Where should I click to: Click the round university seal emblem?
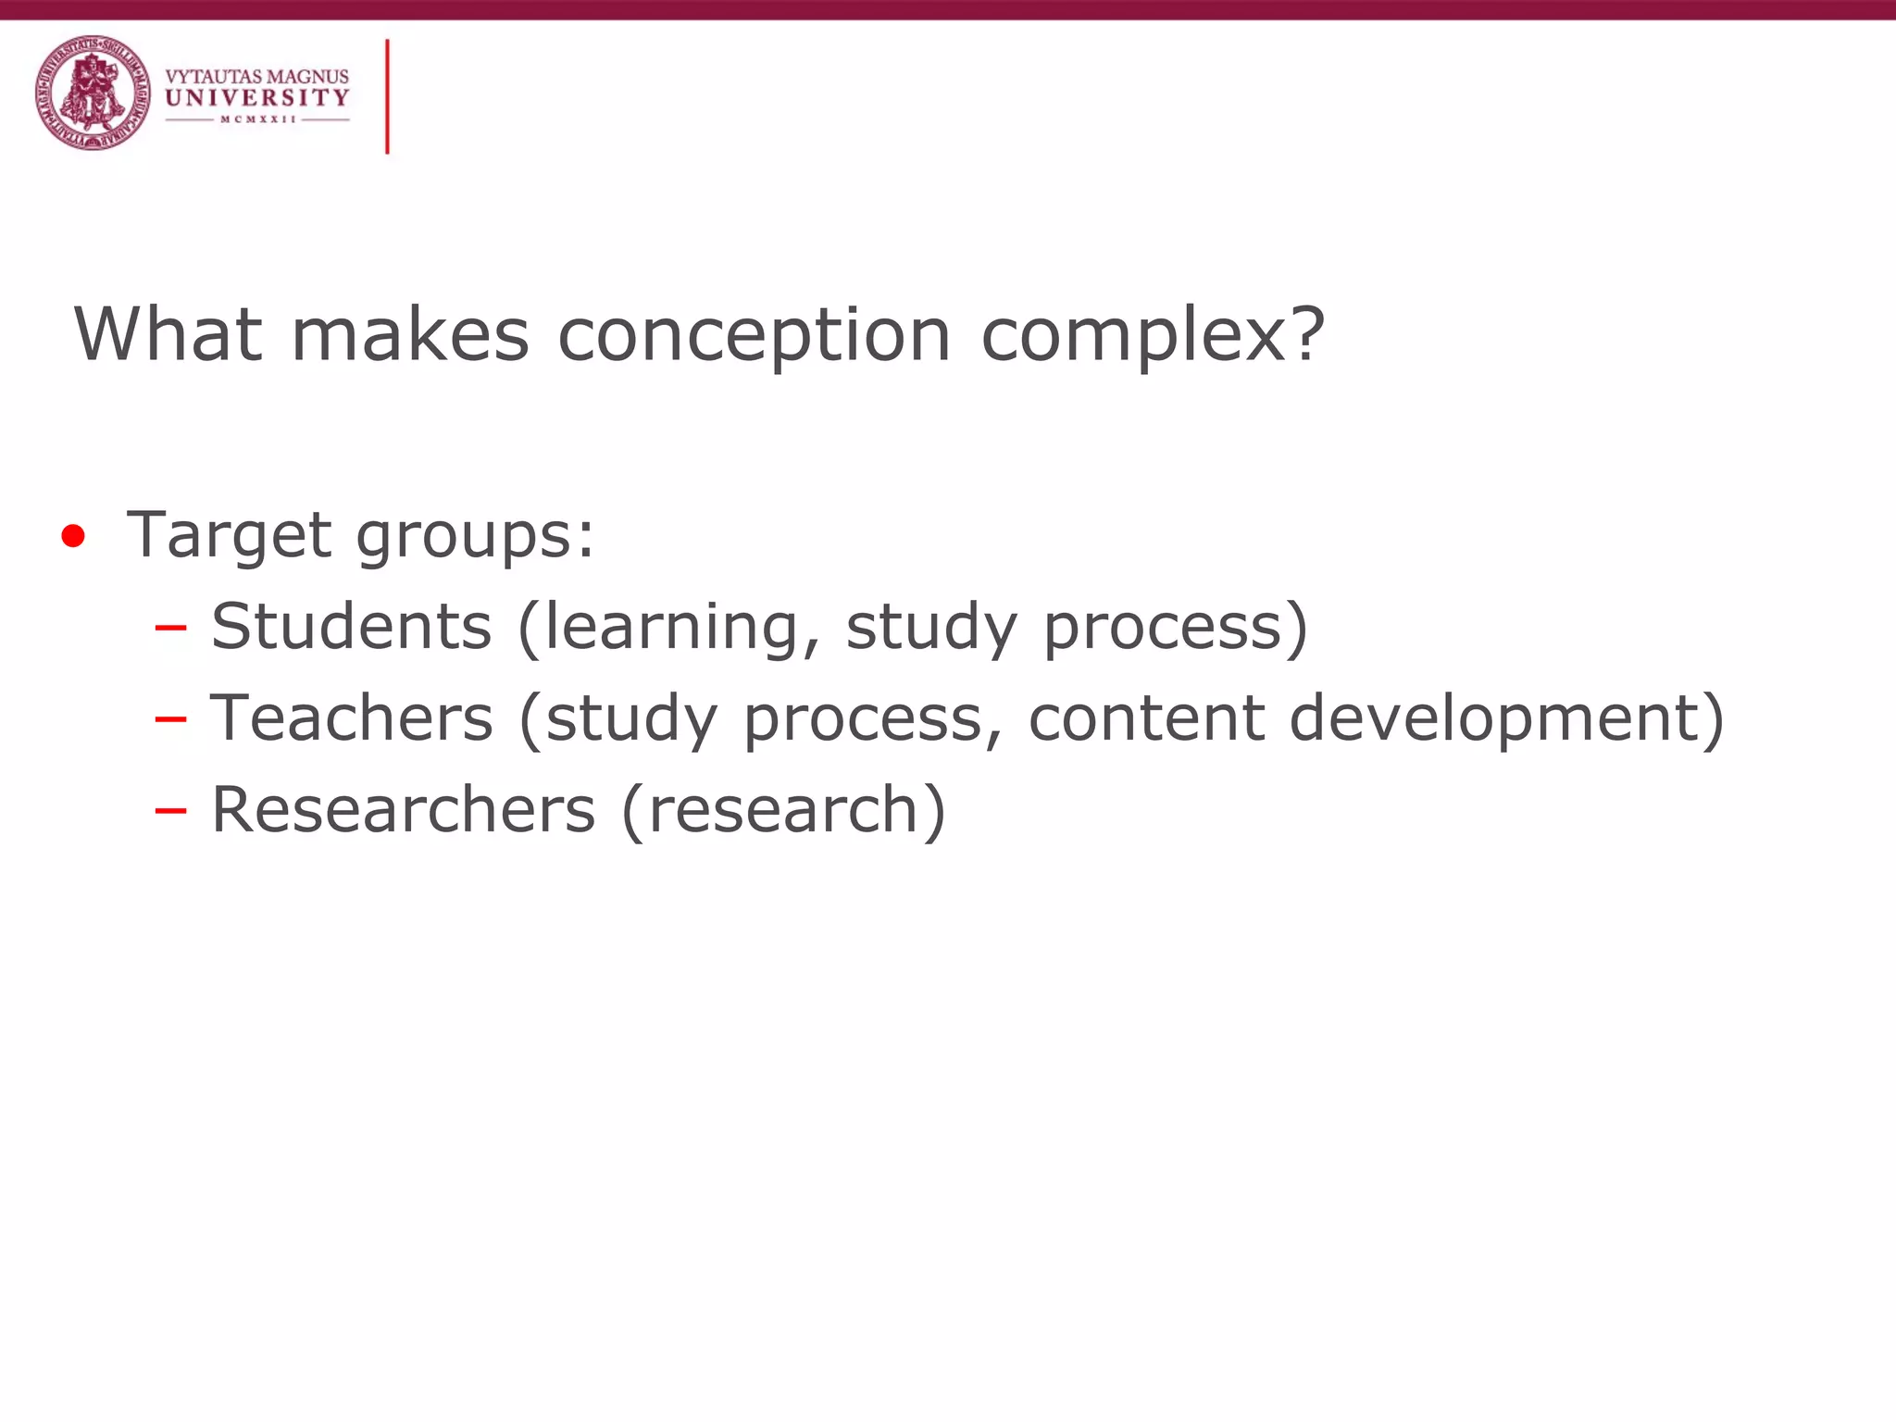[x=93, y=93]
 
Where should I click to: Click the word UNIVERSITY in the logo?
[x=257, y=98]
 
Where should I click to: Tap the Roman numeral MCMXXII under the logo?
[x=257, y=119]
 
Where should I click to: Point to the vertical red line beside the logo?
[x=387, y=96]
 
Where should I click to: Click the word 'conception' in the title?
[x=755, y=335]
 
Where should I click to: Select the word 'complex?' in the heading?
[x=1153, y=335]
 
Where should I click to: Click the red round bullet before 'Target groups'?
[x=73, y=536]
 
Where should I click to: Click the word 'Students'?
[x=352, y=627]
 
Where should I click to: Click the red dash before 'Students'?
[x=171, y=629]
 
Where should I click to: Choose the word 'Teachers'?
[x=352, y=718]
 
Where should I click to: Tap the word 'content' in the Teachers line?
[x=1146, y=718]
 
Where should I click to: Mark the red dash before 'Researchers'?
[x=171, y=811]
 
